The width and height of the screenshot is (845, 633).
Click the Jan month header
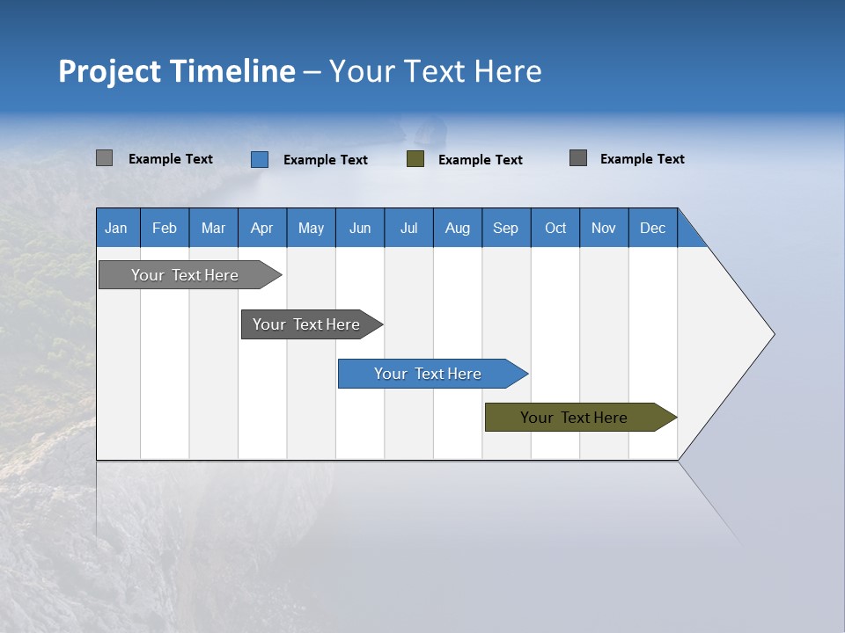tap(116, 228)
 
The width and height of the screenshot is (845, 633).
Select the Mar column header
tap(213, 228)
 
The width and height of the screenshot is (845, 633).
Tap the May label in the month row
tap(311, 228)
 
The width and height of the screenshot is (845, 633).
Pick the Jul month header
tap(408, 228)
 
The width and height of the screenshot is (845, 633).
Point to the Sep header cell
tap(505, 228)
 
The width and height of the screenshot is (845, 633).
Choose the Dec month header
tap(652, 228)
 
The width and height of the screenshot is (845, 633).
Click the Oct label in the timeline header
tap(555, 228)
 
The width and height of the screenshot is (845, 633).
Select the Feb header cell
tap(165, 228)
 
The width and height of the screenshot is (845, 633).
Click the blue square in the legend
tap(260, 159)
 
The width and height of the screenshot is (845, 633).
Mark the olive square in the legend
tap(415, 159)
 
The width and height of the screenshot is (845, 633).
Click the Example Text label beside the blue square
tap(325, 160)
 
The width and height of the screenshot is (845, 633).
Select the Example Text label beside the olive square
tap(480, 160)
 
